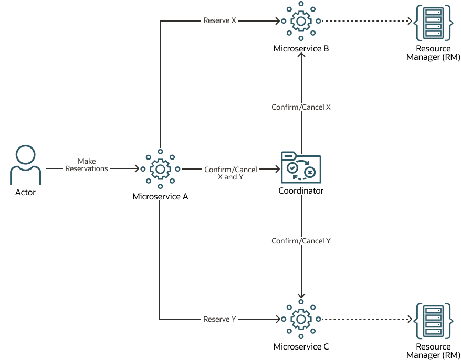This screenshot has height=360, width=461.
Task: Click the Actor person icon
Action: coord(25,165)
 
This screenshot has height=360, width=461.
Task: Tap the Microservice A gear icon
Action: coord(160,169)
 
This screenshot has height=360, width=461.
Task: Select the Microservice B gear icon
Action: coord(301,22)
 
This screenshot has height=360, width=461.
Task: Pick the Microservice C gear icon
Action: coord(301,319)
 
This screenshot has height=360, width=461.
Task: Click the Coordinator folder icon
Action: coord(301,167)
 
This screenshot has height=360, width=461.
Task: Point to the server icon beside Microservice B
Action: coord(433,23)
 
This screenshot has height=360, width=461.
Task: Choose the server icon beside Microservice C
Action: coord(433,320)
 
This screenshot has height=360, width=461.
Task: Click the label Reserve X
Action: coord(219,21)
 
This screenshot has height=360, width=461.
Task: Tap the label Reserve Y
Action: coord(219,319)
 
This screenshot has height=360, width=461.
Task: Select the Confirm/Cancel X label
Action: coord(301,107)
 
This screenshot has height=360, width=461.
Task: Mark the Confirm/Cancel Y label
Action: coord(301,241)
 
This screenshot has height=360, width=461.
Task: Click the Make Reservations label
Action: coord(87,165)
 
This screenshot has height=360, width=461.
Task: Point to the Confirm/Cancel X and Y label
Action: coord(230,173)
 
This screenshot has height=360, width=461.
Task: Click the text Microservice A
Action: coord(160,197)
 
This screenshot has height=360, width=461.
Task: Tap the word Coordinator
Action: coord(301,191)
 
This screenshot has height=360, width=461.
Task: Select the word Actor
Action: coord(25,193)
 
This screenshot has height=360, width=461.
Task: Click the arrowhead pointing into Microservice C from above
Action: coord(301,295)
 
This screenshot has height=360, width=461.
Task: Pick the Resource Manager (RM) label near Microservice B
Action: coord(433,53)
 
